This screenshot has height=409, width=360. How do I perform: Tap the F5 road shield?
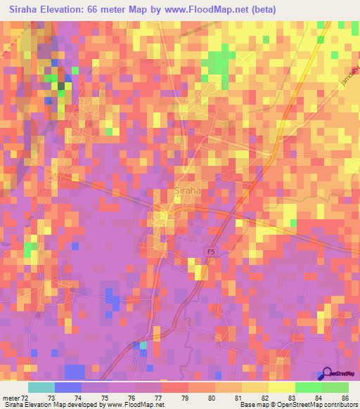point(209,251)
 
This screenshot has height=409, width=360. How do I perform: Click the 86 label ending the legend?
point(345,398)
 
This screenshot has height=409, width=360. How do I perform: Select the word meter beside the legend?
point(11,398)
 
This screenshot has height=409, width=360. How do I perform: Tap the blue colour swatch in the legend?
point(68,387)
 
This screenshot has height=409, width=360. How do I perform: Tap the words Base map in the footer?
point(252,405)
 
